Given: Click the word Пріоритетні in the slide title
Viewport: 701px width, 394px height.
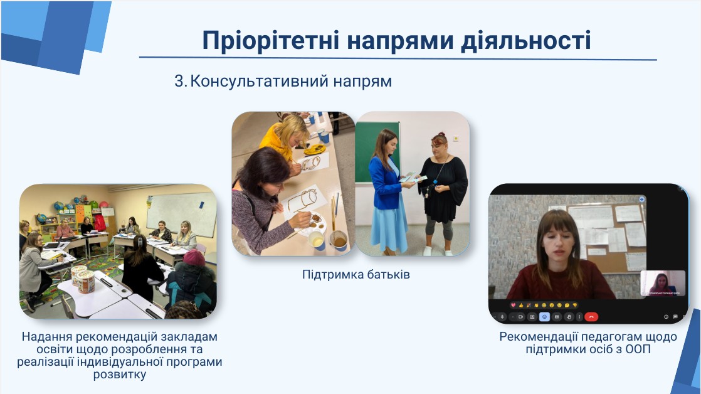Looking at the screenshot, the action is (271, 40).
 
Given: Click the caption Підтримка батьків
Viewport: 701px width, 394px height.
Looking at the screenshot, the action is (356, 274).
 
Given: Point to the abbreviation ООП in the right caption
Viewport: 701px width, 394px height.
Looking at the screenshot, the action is (638, 349).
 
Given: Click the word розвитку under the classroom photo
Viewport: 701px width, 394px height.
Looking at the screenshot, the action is (119, 374).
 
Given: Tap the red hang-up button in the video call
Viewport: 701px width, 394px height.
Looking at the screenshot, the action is (591, 317).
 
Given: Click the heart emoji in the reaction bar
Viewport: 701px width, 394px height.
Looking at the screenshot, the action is (514, 305).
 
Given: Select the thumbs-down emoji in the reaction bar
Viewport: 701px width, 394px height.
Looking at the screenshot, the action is (575, 305).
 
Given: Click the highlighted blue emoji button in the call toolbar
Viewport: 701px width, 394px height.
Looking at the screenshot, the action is (544, 317).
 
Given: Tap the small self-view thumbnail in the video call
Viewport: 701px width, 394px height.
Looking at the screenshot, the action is (663, 283).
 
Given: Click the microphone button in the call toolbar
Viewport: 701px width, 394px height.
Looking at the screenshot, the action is (502, 317).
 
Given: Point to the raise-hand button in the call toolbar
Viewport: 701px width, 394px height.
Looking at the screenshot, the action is (569, 317).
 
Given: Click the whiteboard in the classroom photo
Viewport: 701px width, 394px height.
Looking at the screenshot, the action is (181, 214).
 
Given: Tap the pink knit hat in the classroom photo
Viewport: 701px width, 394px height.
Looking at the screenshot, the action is (194, 258).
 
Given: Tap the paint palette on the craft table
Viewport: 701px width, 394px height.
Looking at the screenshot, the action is (315, 222).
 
